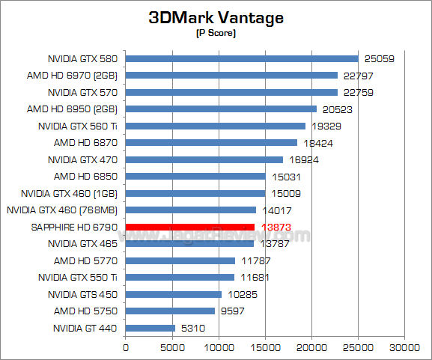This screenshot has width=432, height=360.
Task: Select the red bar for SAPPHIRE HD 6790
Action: coord(190,227)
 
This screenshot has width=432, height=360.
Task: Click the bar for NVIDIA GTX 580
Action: coord(242,58)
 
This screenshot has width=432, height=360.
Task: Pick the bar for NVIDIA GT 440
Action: coord(150,328)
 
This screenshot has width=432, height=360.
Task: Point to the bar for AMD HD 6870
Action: coord(211,142)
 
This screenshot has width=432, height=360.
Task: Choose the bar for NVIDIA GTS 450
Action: coord(173,294)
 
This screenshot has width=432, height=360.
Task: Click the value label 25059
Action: coord(379,58)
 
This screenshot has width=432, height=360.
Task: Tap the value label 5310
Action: coord(192,328)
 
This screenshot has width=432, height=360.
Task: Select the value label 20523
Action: coord(336,109)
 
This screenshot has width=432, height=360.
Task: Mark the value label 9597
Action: coord(232,311)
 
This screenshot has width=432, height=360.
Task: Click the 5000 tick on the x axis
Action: coord(172,348)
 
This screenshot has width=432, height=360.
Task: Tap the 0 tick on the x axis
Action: coord(126,348)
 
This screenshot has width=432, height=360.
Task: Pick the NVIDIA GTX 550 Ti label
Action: coord(83,278)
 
